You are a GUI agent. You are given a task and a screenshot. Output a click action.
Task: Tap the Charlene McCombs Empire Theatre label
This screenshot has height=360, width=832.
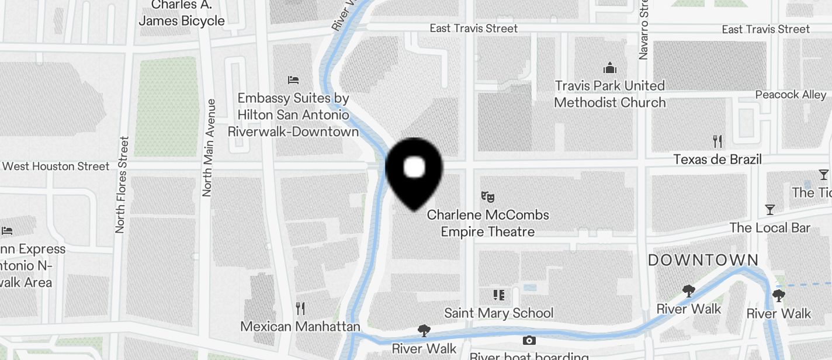click(488, 223)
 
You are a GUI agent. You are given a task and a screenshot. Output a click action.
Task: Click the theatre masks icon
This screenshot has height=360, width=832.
click(488, 197)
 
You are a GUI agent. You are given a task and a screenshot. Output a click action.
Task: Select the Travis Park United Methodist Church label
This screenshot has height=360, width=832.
click(610, 94)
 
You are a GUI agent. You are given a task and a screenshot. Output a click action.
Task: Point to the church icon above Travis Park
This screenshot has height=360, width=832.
click(610, 68)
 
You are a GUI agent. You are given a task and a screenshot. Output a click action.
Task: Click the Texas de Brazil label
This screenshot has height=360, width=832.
click(717, 160)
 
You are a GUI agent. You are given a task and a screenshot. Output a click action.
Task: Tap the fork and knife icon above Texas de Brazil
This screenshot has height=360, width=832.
click(718, 141)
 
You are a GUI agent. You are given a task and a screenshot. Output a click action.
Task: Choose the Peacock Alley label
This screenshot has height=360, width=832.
click(791, 95)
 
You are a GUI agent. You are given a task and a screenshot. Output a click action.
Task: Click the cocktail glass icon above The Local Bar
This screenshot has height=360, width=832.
click(770, 209)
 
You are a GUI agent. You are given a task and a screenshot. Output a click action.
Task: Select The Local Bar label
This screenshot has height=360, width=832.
click(770, 227)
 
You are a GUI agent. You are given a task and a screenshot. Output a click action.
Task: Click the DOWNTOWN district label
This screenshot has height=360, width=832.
click(703, 260)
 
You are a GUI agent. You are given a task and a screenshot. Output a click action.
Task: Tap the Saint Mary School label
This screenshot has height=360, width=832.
click(498, 313)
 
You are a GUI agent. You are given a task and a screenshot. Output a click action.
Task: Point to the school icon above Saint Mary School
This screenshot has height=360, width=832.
click(498, 295)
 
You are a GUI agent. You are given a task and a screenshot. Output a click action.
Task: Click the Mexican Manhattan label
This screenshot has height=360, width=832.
click(300, 326)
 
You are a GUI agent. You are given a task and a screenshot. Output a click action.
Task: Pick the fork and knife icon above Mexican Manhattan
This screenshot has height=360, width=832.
click(300, 308)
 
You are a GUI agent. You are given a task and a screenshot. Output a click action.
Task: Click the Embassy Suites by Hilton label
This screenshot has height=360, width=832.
click(293, 115)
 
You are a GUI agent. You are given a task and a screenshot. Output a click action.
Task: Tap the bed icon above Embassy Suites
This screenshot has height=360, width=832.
click(293, 79)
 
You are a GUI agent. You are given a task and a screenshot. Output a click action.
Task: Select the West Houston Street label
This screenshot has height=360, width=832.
click(56, 167)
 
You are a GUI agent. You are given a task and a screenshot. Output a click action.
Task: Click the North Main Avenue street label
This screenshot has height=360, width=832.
click(208, 147)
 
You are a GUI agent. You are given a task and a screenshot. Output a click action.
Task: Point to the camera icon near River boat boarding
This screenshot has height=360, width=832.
click(529, 340)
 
